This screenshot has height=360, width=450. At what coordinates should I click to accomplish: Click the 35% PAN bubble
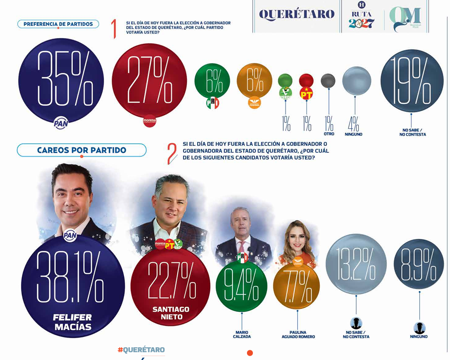tap(61, 80)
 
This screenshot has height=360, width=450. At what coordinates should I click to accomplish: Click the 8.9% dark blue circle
tap(418, 263)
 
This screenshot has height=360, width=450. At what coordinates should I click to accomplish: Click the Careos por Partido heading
tap(82, 150)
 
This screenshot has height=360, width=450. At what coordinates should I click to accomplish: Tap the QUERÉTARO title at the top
tap(296, 14)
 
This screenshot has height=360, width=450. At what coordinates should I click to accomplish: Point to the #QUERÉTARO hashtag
tap(141, 350)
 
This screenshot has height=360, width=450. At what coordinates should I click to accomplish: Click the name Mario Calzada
tap(242, 334)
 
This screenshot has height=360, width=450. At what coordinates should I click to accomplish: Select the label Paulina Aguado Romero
tap(298, 334)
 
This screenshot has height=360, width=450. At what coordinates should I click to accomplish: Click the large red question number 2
tap(171, 154)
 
